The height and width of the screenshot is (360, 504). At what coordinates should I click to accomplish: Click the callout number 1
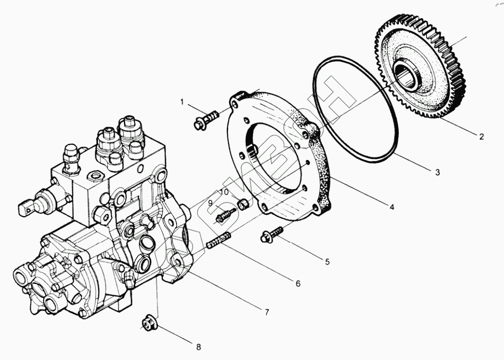click(x=182, y=102)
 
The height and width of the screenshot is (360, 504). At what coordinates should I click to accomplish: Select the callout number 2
click(x=481, y=136)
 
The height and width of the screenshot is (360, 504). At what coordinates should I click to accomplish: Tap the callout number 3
click(x=438, y=172)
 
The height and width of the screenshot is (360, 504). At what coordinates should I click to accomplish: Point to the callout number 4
click(x=392, y=207)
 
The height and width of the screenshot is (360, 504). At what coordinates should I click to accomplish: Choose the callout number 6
click(x=298, y=283)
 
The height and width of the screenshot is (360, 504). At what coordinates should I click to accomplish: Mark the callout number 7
click(x=266, y=312)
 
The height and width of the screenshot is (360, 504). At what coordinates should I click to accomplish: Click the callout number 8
click(x=198, y=347)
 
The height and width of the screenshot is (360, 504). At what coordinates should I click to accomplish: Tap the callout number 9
click(x=211, y=203)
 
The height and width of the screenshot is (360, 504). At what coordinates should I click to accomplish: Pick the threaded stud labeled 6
click(x=219, y=240)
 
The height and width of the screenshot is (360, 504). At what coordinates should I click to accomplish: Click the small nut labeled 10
click(x=243, y=203)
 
